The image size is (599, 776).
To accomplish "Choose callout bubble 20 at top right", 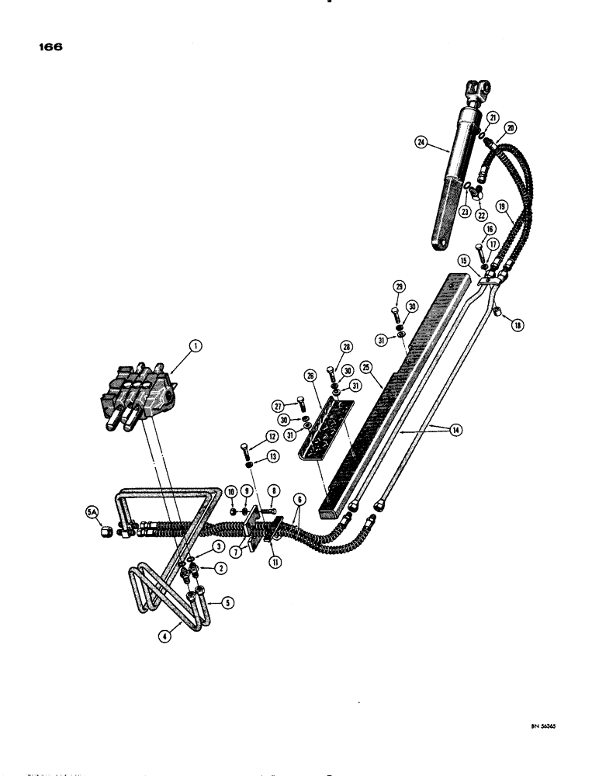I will coord(511,128).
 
